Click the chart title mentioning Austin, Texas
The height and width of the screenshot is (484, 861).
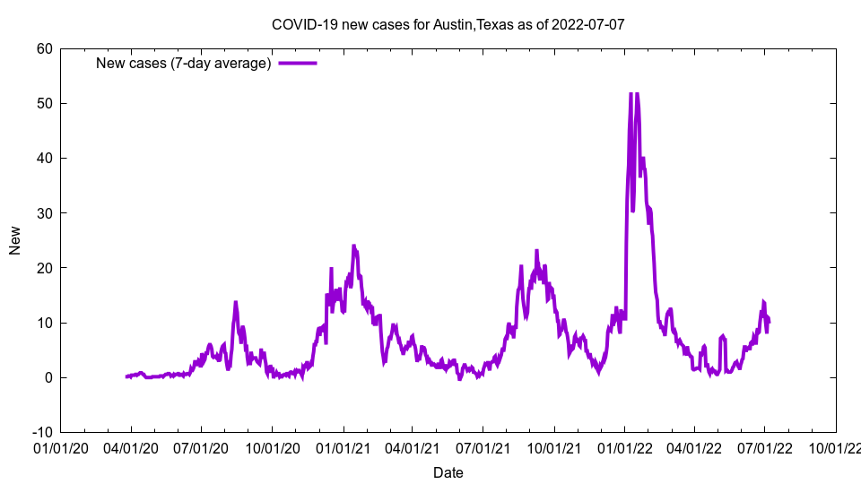point(448,24)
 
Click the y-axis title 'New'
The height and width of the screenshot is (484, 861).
point(15,240)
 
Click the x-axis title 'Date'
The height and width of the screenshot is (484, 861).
point(448,472)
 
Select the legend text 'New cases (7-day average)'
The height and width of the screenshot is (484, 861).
point(184,64)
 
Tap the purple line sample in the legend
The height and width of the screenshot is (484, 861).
point(298,64)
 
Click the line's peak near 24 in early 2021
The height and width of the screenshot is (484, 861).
point(353,246)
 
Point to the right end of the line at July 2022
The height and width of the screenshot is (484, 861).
point(769,321)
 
